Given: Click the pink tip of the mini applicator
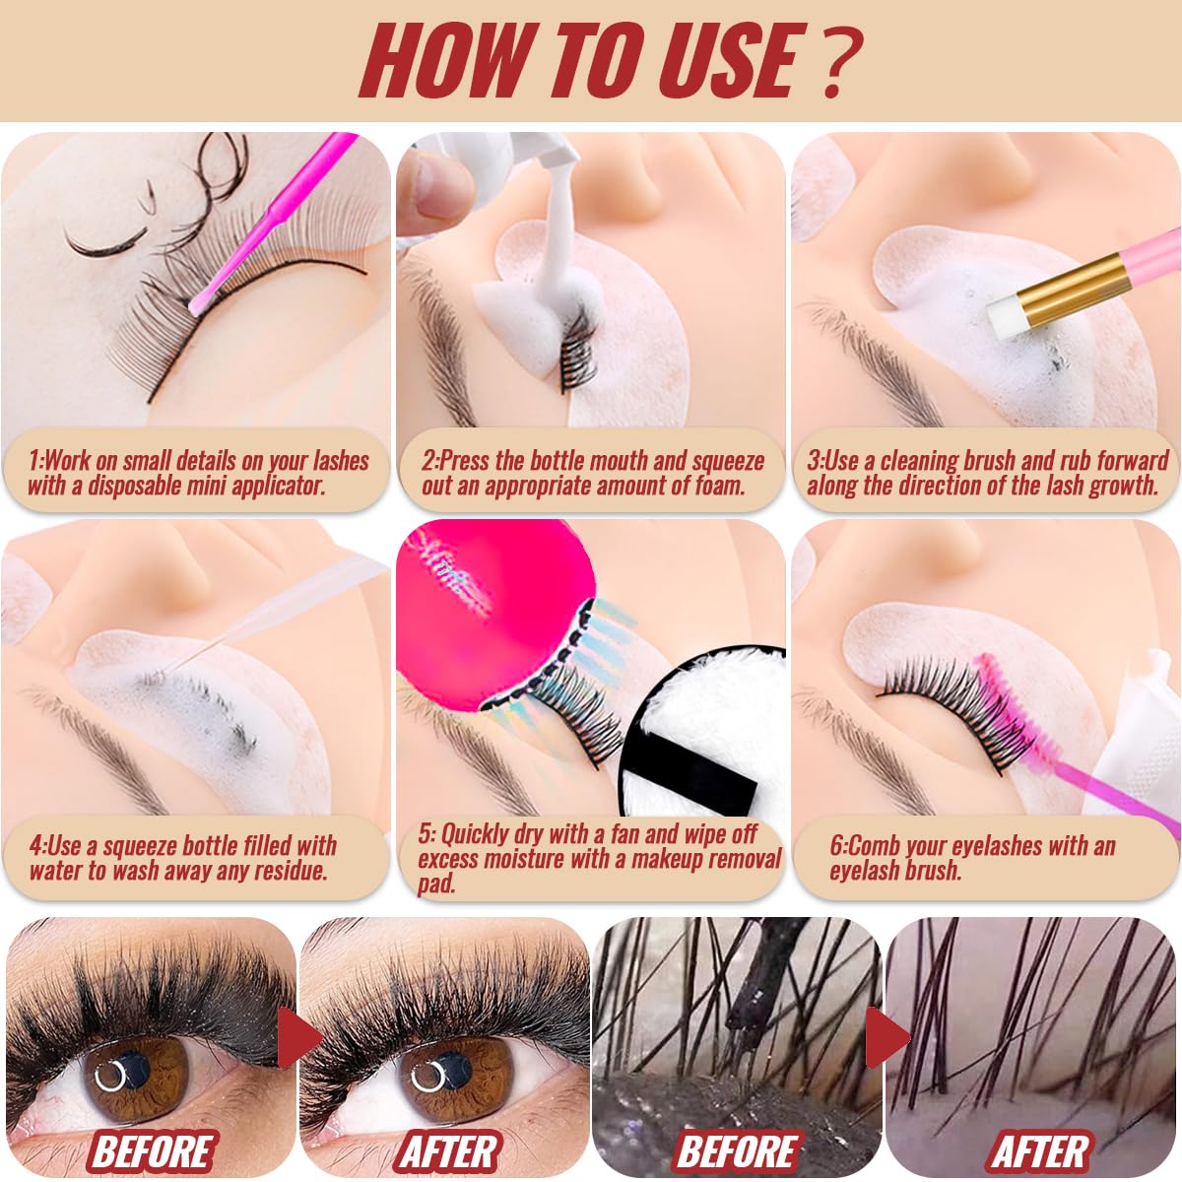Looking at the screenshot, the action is (x=200, y=303).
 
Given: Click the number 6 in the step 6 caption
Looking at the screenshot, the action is (x=836, y=845).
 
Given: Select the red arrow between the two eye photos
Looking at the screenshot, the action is (x=298, y=1037).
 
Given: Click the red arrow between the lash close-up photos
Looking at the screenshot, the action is (x=886, y=1037).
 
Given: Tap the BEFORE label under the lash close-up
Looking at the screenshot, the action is (x=738, y=1133).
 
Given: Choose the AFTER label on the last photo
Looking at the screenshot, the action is (x=1039, y=1133).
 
